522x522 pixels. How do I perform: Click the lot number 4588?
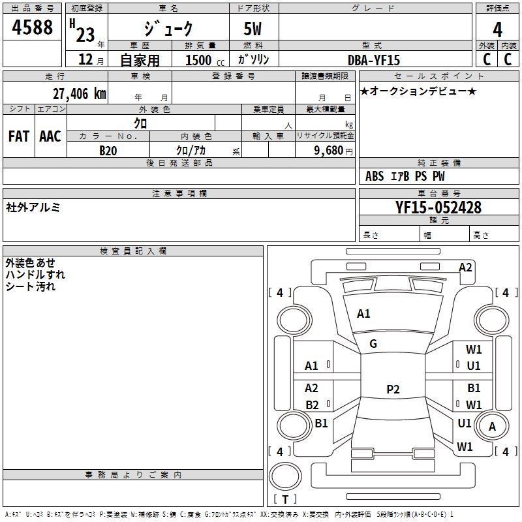[33, 28]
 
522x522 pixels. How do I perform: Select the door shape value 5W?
[253, 29]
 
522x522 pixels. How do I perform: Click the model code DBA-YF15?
[375, 60]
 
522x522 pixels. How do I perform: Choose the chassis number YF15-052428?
[438, 207]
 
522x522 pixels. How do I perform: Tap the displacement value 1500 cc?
[204, 61]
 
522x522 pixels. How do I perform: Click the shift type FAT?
[19, 136]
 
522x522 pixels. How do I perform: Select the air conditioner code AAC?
[50, 136]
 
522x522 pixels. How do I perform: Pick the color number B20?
[108, 151]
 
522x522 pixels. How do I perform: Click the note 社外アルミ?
[33, 207]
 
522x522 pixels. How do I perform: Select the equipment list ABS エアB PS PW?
[405, 176]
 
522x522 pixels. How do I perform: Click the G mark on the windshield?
[373, 344]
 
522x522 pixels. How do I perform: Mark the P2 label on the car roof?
[392, 390]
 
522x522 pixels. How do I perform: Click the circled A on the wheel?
[493, 427]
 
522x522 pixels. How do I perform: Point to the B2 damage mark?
[312, 405]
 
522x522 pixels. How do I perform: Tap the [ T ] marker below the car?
[285, 499]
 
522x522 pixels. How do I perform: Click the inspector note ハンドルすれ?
[35, 275]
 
